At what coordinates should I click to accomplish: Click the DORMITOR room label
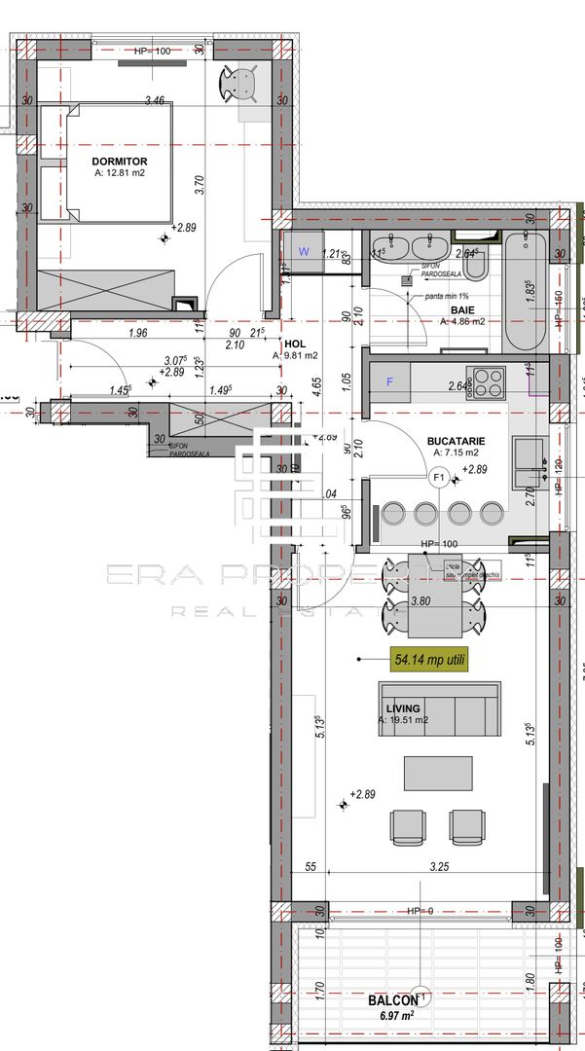120,161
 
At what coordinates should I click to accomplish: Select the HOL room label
294,344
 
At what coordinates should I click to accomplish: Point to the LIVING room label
402,707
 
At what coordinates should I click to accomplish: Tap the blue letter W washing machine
304,251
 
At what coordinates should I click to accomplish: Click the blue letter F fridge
390,381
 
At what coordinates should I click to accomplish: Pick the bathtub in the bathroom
526,292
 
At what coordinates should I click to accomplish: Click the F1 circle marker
439,477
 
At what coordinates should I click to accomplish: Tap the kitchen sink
530,453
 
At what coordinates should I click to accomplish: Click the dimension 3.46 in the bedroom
154,99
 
